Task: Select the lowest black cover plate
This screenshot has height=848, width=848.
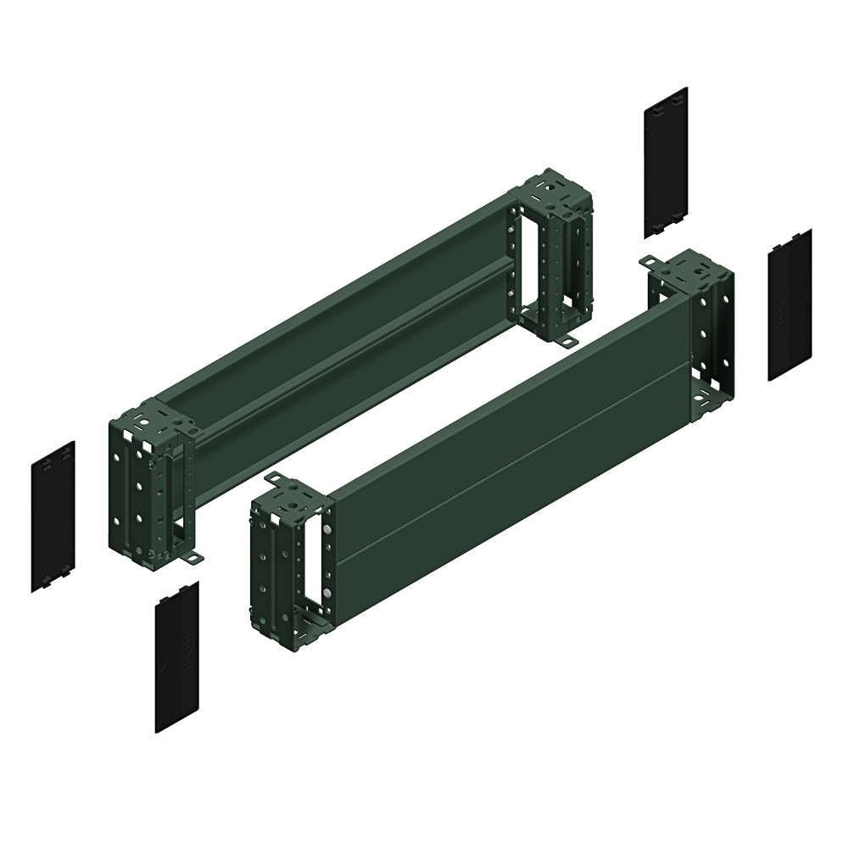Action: click(176, 656)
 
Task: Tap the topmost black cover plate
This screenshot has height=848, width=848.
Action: click(665, 161)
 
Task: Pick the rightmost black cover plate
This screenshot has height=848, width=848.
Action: click(789, 304)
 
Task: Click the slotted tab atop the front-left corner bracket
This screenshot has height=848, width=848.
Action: click(276, 482)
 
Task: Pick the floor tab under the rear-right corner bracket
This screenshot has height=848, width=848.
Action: click(564, 339)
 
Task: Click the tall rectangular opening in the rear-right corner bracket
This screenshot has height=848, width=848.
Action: click(533, 254)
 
